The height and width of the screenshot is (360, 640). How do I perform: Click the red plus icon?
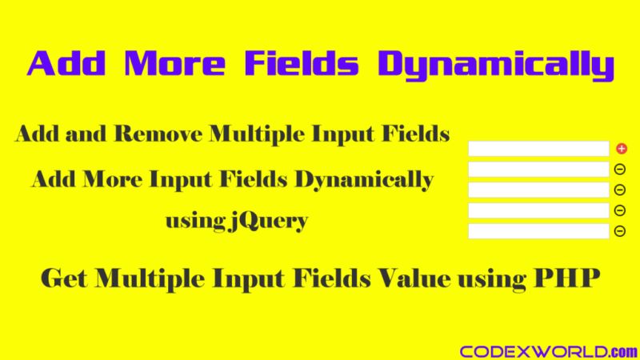click(622, 148)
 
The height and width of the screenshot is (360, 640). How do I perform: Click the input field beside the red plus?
click(538, 149)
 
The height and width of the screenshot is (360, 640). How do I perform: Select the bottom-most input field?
click(538, 231)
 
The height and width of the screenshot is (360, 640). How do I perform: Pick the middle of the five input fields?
click(538, 190)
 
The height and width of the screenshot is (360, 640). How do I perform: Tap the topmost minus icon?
click(619, 169)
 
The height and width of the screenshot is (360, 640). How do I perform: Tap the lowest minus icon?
click(619, 231)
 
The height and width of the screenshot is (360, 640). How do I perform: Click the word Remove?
click(158, 134)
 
